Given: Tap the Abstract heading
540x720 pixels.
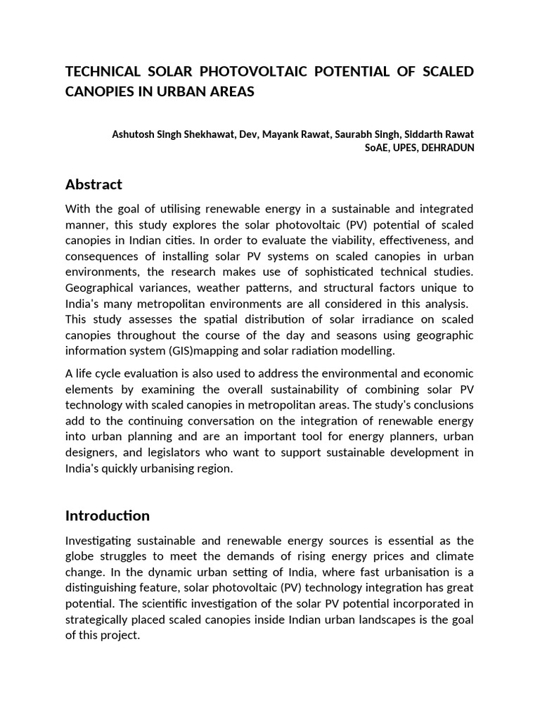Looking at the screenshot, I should click(x=94, y=185).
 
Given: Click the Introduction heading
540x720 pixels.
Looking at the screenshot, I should click(x=108, y=516).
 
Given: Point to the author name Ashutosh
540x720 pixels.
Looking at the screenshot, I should click(x=134, y=134).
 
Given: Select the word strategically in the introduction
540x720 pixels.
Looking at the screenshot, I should click(x=98, y=619).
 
